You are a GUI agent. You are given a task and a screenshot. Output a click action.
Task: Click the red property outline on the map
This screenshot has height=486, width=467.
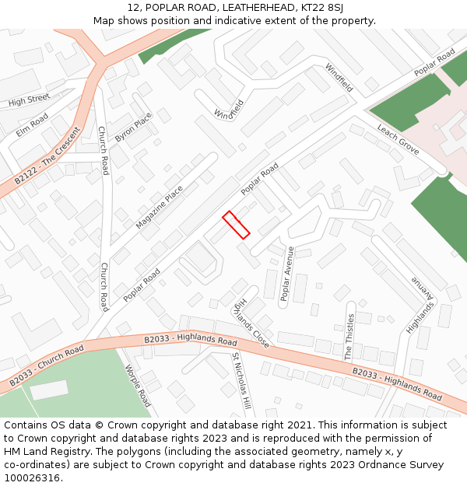(236, 225)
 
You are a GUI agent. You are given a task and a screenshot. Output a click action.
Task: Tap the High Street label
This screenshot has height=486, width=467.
(29, 100)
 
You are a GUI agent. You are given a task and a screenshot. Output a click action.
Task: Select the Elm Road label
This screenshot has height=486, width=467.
(32, 124)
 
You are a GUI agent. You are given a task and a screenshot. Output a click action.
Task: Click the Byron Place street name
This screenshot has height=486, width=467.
(133, 127)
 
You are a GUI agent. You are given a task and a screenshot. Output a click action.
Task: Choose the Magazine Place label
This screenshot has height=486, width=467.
(160, 207)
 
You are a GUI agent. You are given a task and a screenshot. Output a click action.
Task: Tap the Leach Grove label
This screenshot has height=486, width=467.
(398, 139)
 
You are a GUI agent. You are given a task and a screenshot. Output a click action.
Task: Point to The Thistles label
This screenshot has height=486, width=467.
(349, 336)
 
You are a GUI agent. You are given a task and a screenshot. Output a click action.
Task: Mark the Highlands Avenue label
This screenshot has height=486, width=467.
(420, 306)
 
